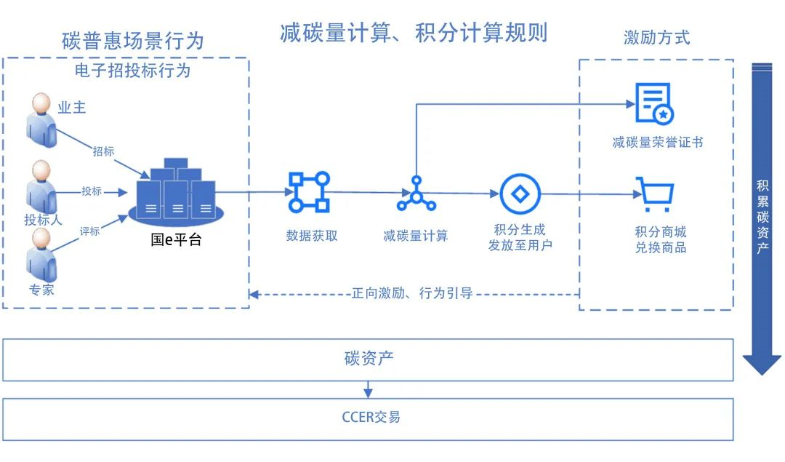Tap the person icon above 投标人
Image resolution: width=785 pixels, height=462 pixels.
click(41, 186)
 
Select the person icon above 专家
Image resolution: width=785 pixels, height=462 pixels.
click(41, 255)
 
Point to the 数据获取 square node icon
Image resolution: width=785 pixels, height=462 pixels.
click(309, 192)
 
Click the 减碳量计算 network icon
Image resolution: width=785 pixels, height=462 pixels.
click(416, 194)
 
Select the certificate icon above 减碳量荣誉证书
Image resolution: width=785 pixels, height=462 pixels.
click(654, 104)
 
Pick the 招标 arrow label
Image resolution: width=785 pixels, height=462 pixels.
click(103, 151)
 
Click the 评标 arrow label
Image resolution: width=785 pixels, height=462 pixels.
click(89, 231)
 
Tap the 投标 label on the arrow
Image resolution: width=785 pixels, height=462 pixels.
click(92, 191)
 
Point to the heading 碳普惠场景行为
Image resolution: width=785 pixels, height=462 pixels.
click(133, 41)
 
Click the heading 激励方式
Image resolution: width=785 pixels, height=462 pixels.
click(656, 38)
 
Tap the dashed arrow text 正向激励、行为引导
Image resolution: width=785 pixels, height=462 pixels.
click(412, 294)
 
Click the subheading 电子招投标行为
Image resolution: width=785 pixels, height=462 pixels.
click(132, 71)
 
